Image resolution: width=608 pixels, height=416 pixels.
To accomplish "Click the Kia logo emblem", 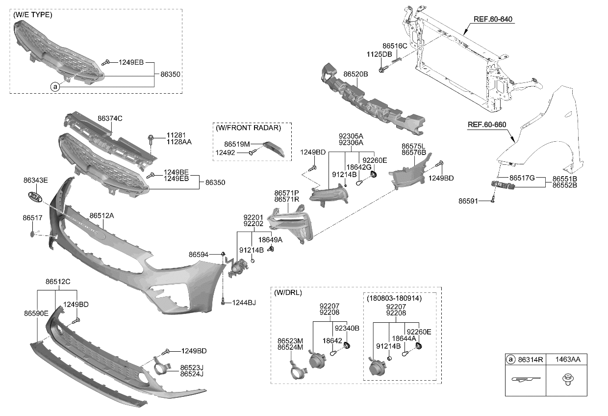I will pyautogui.click(x=35, y=197).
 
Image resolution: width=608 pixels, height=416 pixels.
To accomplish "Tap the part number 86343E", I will pyautogui.click(x=35, y=181).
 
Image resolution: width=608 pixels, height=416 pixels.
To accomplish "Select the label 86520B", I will pyautogui.click(x=355, y=74).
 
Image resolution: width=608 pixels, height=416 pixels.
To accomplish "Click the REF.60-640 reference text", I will pyautogui.click(x=493, y=20).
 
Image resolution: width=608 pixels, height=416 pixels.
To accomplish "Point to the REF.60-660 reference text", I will pyautogui.click(x=486, y=125).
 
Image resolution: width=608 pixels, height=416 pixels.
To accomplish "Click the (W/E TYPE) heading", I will pyautogui.click(x=33, y=15).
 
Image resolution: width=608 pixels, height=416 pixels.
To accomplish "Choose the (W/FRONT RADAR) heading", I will pyautogui.click(x=249, y=128).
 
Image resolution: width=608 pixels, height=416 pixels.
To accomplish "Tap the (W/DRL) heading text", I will pyautogui.click(x=288, y=293).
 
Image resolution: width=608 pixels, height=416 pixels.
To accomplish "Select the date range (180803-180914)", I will pyautogui.click(x=394, y=298).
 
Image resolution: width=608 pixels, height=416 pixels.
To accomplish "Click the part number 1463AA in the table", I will pyautogui.click(x=568, y=360).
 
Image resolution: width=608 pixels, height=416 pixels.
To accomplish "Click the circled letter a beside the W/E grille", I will pyautogui.click(x=54, y=87).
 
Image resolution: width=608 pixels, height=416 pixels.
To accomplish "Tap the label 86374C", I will pyautogui.click(x=110, y=118).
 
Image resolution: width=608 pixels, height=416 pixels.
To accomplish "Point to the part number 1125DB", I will pyautogui.click(x=380, y=54).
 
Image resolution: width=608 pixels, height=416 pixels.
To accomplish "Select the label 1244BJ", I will pyautogui.click(x=244, y=303).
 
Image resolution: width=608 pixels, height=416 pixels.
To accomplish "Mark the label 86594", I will pyautogui.click(x=199, y=254).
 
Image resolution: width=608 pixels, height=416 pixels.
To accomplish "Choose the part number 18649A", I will pyautogui.click(x=270, y=240).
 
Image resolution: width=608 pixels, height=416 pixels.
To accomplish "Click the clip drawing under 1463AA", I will pyautogui.click(x=568, y=380).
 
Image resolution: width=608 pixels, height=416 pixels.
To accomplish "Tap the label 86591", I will pyautogui.click(x=468, y=201).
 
